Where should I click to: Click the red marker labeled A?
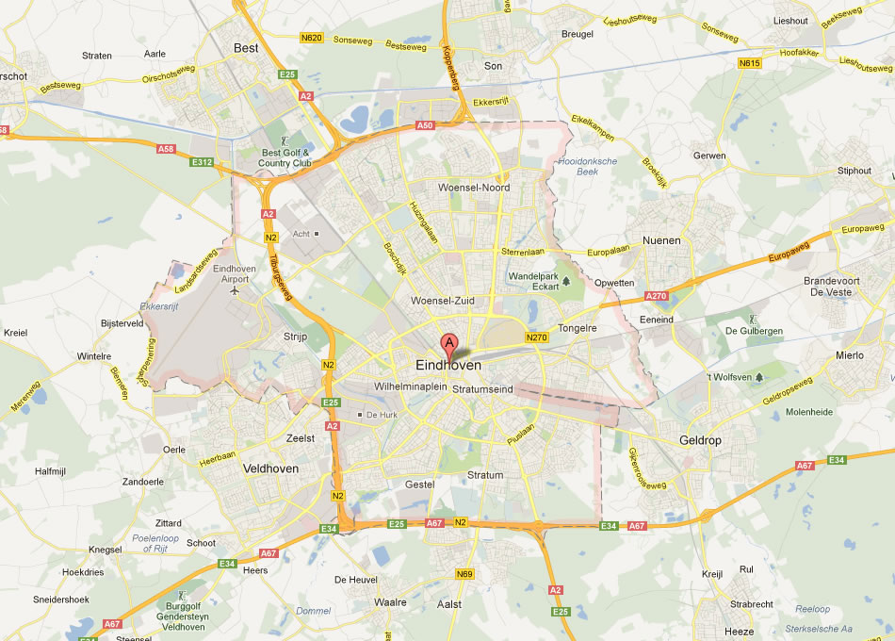(x=449, y=344)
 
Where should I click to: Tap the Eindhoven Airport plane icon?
(x=233, y=289)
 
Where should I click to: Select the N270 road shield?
(x=537, y=337)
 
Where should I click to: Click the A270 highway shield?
(x=657, y=296)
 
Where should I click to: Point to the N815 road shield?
(x=749, y=63)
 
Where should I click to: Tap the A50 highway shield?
(x=425, y=124)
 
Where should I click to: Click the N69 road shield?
(x=464, y=573)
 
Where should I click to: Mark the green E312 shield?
(x=202, y=162)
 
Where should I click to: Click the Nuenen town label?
(x=661, y=240)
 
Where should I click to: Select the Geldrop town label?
(x=700, y=440)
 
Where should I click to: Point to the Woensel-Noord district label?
(x=474, y=188)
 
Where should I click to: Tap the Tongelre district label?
(x=578, y=328)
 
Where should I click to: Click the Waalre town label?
(x=390, y=601)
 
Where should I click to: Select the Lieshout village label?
(x=789, y=20)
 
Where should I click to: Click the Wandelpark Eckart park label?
(x=534, y=281)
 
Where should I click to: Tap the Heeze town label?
(x=740, y=631)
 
